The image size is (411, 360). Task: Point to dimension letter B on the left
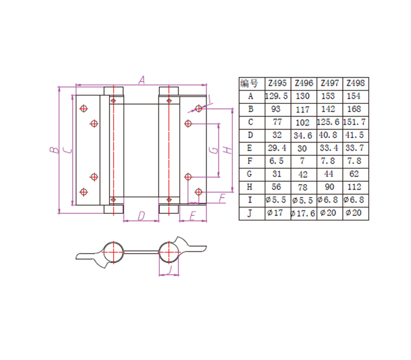point(53,150)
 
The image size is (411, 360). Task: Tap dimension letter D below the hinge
point(141,216)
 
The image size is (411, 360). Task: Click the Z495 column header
point(277,83)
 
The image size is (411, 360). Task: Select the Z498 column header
point(356,83)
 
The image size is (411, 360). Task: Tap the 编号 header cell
point(251,83)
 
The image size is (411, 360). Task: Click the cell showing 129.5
point(277,96)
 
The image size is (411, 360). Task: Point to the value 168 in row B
point(355,109)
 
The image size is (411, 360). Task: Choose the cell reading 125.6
point(329,122)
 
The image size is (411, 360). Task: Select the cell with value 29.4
point(277,149)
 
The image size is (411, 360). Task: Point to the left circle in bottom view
point(113,252)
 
